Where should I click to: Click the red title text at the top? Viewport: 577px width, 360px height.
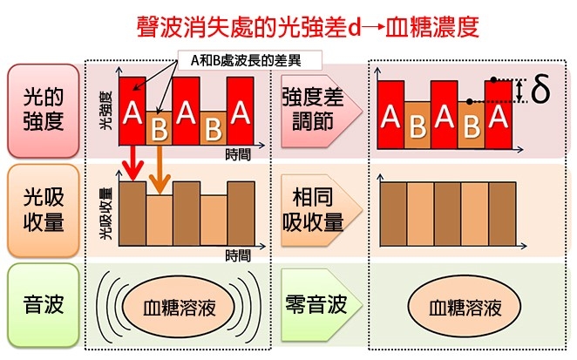(309, 27)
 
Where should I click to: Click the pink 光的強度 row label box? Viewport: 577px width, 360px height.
(44, 111)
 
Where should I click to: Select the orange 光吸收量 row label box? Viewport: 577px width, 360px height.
(44, 211)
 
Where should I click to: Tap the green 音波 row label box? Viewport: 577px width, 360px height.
(44, 305)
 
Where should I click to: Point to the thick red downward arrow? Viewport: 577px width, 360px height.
(132, 163)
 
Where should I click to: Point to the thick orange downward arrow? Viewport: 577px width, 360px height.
(160, 170)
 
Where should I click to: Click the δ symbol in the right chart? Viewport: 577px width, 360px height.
(540, 89)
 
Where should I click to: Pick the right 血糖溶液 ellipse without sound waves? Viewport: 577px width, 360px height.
(465, 308)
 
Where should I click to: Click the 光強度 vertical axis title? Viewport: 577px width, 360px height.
(105, 110)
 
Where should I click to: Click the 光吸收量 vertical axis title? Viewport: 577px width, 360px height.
(105, 214)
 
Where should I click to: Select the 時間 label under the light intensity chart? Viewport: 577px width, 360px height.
(238, 154)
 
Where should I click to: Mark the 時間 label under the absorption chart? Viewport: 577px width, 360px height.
(238, 255)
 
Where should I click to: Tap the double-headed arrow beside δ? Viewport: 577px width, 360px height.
(519, 91)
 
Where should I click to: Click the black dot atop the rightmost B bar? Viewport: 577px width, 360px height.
(469, 101)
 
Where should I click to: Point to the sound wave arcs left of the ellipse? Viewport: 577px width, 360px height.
(110, 306)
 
